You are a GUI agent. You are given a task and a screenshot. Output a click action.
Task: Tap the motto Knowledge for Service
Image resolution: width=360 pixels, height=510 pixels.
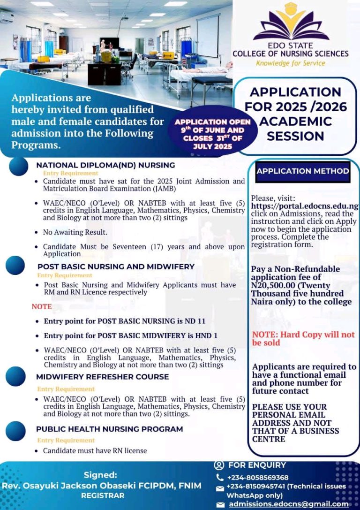[x=290, y=63]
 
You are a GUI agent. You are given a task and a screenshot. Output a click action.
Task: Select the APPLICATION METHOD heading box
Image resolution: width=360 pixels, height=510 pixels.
[x=303, y=171]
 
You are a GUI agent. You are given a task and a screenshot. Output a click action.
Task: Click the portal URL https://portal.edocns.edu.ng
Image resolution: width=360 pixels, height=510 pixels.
[x=305, y=206]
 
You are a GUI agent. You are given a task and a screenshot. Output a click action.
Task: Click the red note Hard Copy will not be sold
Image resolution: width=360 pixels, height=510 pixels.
[x=303, y=338]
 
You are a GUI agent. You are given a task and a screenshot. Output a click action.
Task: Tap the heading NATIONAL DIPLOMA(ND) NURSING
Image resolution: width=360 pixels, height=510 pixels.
[x=105, y=165]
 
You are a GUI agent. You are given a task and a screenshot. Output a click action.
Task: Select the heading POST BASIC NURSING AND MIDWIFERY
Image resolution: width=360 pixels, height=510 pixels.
[x=116, y=266]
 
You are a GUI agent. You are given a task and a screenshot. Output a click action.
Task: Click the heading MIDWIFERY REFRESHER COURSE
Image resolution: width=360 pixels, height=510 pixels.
[x=102, y=377]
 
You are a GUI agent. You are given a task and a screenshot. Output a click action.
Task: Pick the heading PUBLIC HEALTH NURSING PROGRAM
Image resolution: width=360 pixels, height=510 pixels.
[x=109, y=429]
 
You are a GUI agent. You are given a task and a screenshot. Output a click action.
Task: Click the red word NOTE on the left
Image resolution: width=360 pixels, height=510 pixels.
[x=42, y=306]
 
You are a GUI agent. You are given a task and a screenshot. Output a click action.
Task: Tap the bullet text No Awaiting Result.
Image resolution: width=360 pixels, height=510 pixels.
[x=75, y=232]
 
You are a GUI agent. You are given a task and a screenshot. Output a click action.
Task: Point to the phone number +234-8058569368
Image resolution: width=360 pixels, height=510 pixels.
[x=257, y=478]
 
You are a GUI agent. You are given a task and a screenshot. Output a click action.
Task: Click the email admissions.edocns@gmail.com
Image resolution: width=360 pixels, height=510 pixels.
[x=288, y=504]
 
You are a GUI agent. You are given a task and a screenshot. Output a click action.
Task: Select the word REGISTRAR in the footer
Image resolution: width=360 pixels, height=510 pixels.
[x=103, y=495]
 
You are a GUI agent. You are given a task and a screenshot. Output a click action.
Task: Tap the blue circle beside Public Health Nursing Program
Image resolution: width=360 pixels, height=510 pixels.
[x=16, y=431]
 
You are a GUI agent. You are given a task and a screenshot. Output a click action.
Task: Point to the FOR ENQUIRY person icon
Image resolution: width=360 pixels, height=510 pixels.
[x=219, y=465]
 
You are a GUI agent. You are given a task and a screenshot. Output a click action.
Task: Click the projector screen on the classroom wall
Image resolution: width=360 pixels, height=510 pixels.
[x=208, y=35]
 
